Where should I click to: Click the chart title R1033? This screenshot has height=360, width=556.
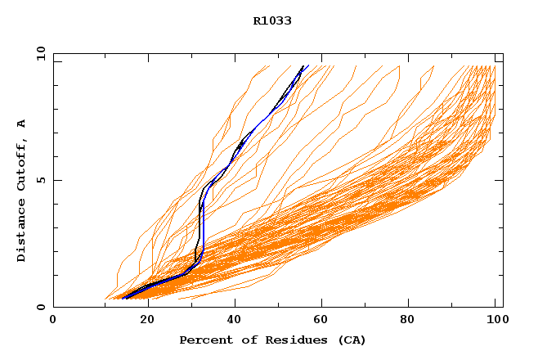pyautogui.click(x=272, y=21)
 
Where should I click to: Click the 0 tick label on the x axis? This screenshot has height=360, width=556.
pyautogui.click(x=53, y=321)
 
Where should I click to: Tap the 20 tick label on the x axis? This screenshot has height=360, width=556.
pyautogui.click(x=141, y=321)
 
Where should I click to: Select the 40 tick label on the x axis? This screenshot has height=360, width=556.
pyautogui.click(x=231, y=321)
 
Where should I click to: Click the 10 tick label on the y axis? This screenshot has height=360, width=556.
pyautogui.click(x=40, y=53)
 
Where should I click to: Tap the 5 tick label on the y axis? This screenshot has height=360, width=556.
pyautogui.click(x=40, y=180)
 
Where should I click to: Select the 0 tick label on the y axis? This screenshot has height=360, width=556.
pyautogui.click(x=40, y=307)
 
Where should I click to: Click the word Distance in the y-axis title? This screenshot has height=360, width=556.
pyautogui.click(x=21, y=232)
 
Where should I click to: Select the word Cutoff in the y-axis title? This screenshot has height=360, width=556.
pyautogui.click(x=21, y=163)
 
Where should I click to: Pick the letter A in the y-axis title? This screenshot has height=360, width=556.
pyautogui.click(x=21, y=124)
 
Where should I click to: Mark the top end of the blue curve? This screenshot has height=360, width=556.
pyautogui.click(x=304, y=66)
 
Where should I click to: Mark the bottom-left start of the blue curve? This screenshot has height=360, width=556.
pyautogui.click(x=124, y=298)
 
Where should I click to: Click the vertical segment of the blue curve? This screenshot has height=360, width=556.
pyautogui.click(x=201, y=229)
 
